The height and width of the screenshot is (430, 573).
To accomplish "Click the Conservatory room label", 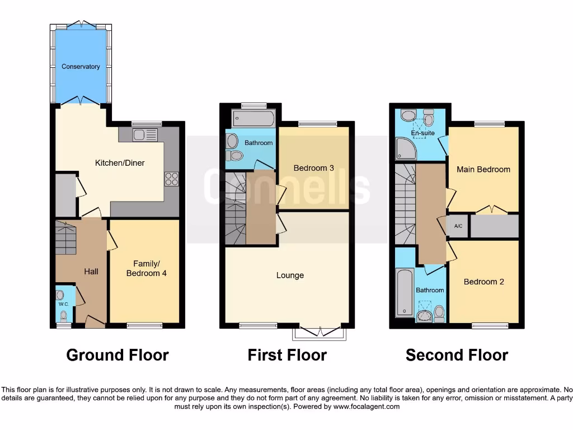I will click(81, 67).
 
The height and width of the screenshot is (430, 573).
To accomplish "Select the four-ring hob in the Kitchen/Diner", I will click(171, 179).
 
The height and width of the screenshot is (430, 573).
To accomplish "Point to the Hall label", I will click(91, 272).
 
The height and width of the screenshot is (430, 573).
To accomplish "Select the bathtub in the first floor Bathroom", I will click(253, 119).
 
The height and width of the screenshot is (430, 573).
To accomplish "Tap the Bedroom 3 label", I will click(314, 168).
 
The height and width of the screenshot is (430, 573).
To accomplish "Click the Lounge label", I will click(290, 275).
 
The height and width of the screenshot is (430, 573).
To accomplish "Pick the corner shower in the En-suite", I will click(406, 149).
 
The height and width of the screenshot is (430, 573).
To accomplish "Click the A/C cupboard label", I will click(458, 226).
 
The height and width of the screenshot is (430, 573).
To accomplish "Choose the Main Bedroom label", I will click(483, 169).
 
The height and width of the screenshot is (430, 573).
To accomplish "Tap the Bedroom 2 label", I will click(483, 282).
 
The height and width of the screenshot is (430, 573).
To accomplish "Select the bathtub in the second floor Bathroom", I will click(404, 292).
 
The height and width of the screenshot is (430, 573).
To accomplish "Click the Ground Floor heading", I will click(118, 355).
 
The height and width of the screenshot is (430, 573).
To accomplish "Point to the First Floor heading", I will click(287, 355).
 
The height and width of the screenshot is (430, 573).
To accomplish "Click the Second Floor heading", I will click(457, 355).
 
